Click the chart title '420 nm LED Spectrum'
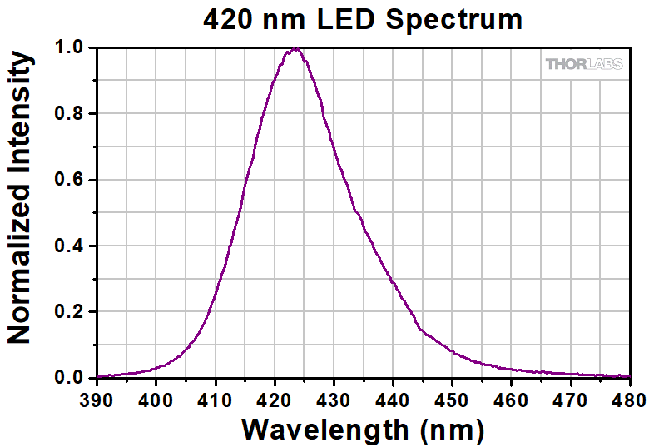click(363, 18)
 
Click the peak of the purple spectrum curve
click(295, 49)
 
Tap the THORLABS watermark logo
click(583, 64)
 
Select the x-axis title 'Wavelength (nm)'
click(363, 430)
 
